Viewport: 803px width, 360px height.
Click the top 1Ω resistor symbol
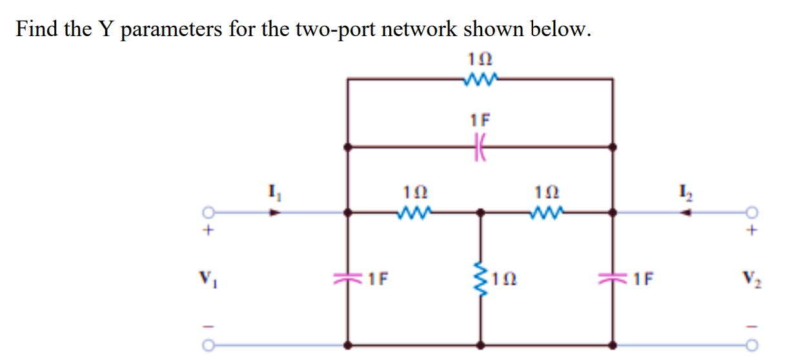pos(480,79)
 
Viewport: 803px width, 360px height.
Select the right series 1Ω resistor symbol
pos(548,211)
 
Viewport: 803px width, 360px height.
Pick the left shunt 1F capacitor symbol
pos(349,279)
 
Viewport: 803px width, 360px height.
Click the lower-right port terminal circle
pos(751,346)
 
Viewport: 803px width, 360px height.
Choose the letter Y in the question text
pos(105,30)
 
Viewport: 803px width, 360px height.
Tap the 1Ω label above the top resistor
pos(480,59)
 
